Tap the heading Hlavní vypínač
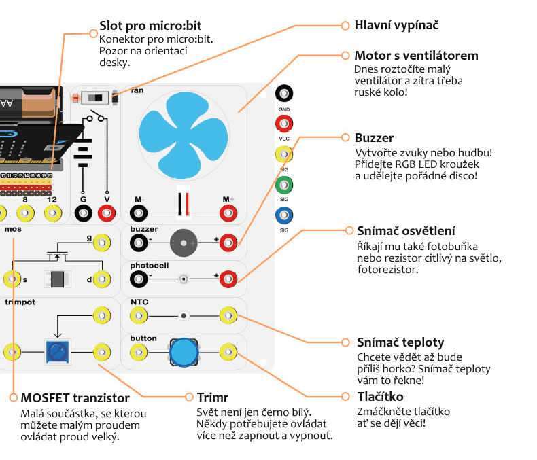pyautogui.click(x=396, y=25)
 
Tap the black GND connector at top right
pyautogui.click(x=284, y=94)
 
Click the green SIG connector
pyautogui.click(x=284, y=184)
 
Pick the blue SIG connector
pyautogui.click(x=284, y=216)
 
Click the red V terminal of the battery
pyautogui.click(x=107, y=214)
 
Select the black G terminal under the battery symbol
pyautogui.click(x=83, y=214)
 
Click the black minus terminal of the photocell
pyautogui.click(x=139, y=278)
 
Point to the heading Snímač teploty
pyautogui.click(x=400, y=342)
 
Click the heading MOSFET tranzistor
pyautogui.click(x=75, y=397)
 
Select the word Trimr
pyautogui.click(x=212, y=397)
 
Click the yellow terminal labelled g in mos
pyautogui.click(x=102, y=242)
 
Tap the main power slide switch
pyautogui.click(x=94, y=99)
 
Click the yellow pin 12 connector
pyautogui.click(x=52, y=214)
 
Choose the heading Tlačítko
pyautogui.click(x=380, y=396)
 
